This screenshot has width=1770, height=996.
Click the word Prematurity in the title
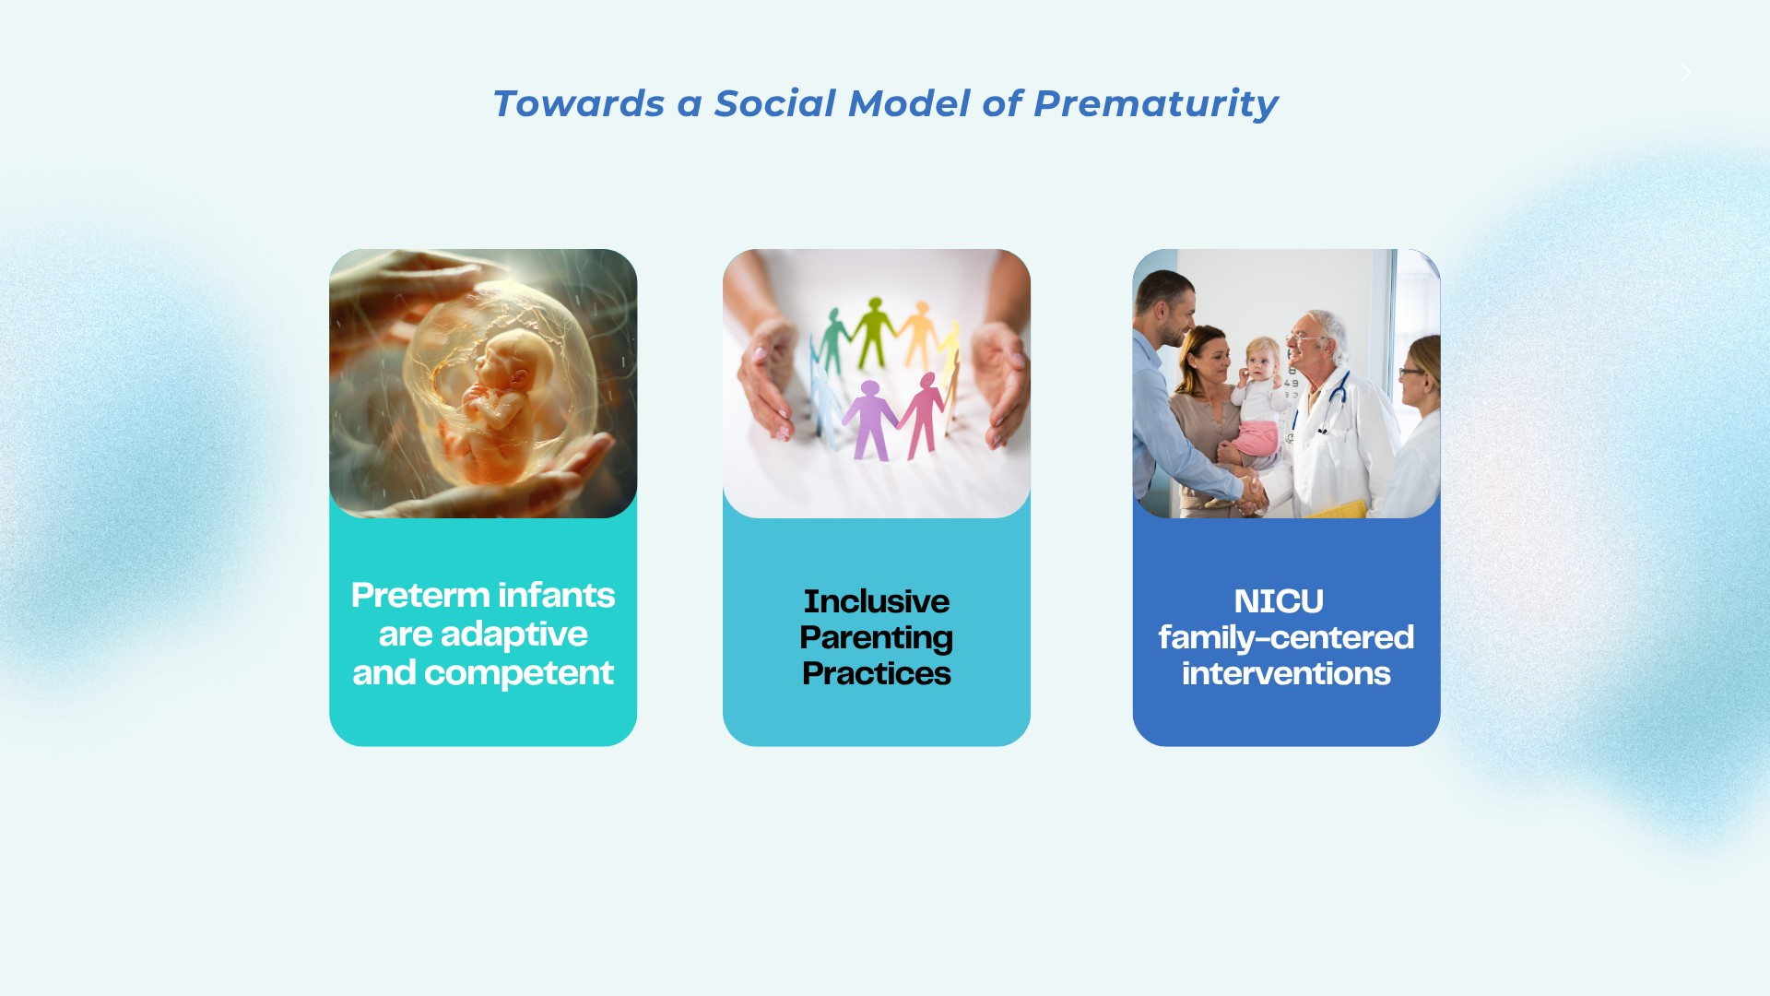click(x=1155, y=103)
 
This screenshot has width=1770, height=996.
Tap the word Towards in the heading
click(x=578, y=103)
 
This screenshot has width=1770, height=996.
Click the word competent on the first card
click(x=519, y=673)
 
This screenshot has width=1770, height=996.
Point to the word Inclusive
click(x=876, y=601)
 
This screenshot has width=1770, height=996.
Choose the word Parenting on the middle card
click(x=876, y=637)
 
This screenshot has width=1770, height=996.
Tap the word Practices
click(x=876, y=673)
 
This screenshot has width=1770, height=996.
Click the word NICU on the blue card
click(x=1279, y=601)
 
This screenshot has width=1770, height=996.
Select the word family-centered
click(x=1286, y=637)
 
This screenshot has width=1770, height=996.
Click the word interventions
click(x=1286, y=673)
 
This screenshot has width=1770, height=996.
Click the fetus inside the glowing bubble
click(x=493, y=397)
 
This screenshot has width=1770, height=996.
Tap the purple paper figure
click(x=869, y=419)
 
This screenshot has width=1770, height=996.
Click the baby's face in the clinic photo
click(x=1262, y=361)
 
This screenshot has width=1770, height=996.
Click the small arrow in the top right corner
click(x=1686, y=73)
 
